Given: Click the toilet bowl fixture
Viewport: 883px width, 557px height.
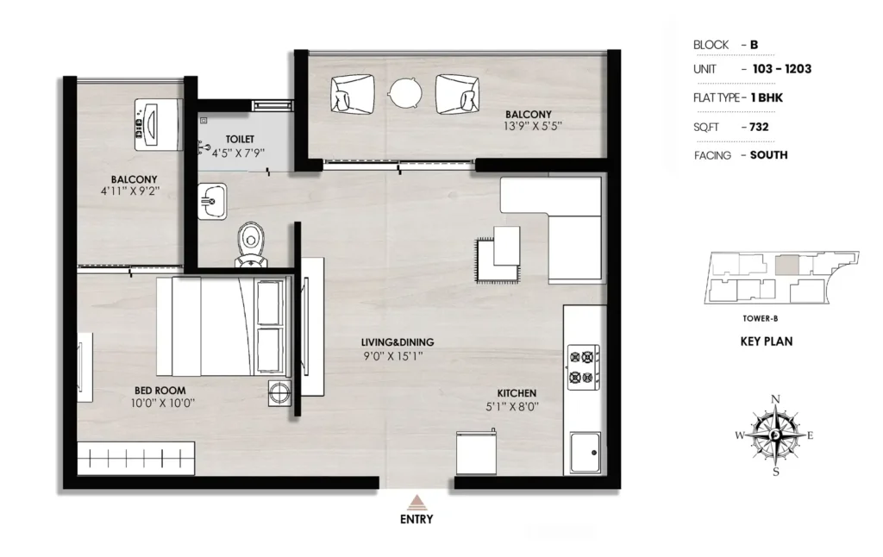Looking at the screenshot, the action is pos(251,245).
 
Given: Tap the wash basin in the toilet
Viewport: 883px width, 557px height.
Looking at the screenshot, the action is pos(212,201).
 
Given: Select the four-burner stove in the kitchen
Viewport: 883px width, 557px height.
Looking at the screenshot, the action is pos(583,366).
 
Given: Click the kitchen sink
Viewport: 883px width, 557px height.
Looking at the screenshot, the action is pos(586,453).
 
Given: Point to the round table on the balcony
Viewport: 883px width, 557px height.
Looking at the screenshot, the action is pos(405,92).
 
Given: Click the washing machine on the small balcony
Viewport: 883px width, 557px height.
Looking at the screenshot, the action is pos(159,124).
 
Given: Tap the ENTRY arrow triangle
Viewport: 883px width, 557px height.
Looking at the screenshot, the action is pos(416,502).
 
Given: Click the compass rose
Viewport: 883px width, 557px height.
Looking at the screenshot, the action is pos(775,435).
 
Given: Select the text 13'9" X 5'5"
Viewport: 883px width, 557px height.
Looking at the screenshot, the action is pos(533,126).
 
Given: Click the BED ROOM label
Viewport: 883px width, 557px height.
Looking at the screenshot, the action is pos(160,391).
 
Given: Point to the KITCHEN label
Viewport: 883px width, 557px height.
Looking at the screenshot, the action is pos(517,393).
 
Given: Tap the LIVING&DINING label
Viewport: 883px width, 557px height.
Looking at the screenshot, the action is pos(398,341).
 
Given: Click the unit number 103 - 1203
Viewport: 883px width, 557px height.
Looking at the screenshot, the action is pos(782,69).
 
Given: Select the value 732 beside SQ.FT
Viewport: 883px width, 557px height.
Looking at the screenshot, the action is pos(759,127).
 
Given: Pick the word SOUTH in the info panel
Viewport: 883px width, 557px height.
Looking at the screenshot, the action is pos(768,155).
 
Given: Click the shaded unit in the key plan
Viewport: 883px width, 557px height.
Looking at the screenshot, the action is pos(787,266).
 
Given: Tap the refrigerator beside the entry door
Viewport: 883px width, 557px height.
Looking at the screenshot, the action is pos(476,454).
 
